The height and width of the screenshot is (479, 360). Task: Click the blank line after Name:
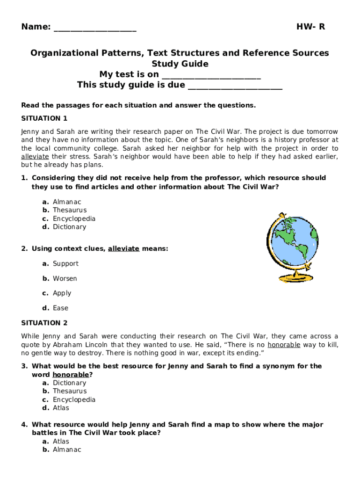click(95, 28)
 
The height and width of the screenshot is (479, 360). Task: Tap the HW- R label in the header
click(310, 27)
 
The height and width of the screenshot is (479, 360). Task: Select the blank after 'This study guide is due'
click(235, 86)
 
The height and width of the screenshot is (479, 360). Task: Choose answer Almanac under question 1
click(67, 202)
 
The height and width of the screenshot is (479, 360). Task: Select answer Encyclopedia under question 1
click(74, 219)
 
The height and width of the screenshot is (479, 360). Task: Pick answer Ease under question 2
click(60, 308)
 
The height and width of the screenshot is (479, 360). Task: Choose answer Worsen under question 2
click(65, 279)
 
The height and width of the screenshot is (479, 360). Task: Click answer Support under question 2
click(65, 264)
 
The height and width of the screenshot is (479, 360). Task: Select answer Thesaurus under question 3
click(70, 391)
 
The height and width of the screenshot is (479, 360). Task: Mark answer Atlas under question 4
click(61, 442)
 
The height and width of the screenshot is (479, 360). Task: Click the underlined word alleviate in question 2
click(123, 249)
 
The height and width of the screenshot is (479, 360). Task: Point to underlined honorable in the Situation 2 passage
click(284, 345)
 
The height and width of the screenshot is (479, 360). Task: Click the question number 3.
click(24, 366)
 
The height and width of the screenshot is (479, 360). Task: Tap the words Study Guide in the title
click(180, 64)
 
